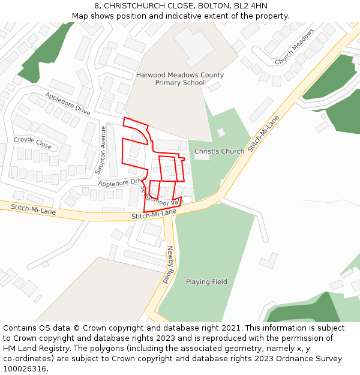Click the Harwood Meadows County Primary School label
click(179, 79)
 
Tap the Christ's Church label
click(219, 151)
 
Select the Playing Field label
click(206, 282)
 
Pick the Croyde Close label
click(33, 142)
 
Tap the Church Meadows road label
click(295, 47)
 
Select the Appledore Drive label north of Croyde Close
click(67, 104)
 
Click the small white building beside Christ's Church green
click(221, 132)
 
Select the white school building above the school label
click(193, 45)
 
